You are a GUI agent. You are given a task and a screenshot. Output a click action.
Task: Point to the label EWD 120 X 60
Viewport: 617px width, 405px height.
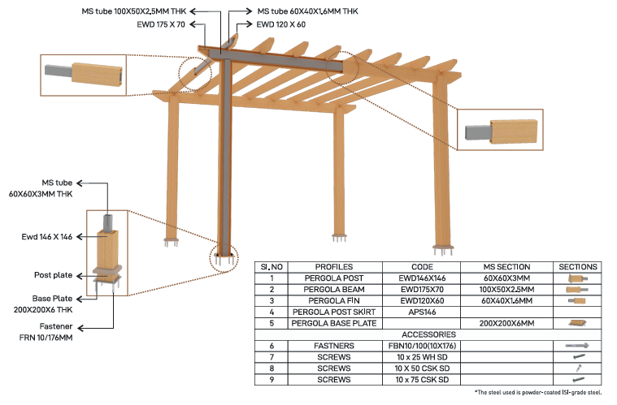tap(280, 25)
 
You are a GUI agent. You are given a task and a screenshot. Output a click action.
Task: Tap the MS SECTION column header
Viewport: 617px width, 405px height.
tap(506, 266)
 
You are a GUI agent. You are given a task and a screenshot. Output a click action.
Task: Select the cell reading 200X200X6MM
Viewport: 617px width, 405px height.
tap(506, 322)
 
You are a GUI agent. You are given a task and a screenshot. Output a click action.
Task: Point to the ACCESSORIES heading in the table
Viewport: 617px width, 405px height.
tap(428, 334)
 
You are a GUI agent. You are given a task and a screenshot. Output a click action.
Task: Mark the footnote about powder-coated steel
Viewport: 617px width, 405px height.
tap(538, 393)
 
